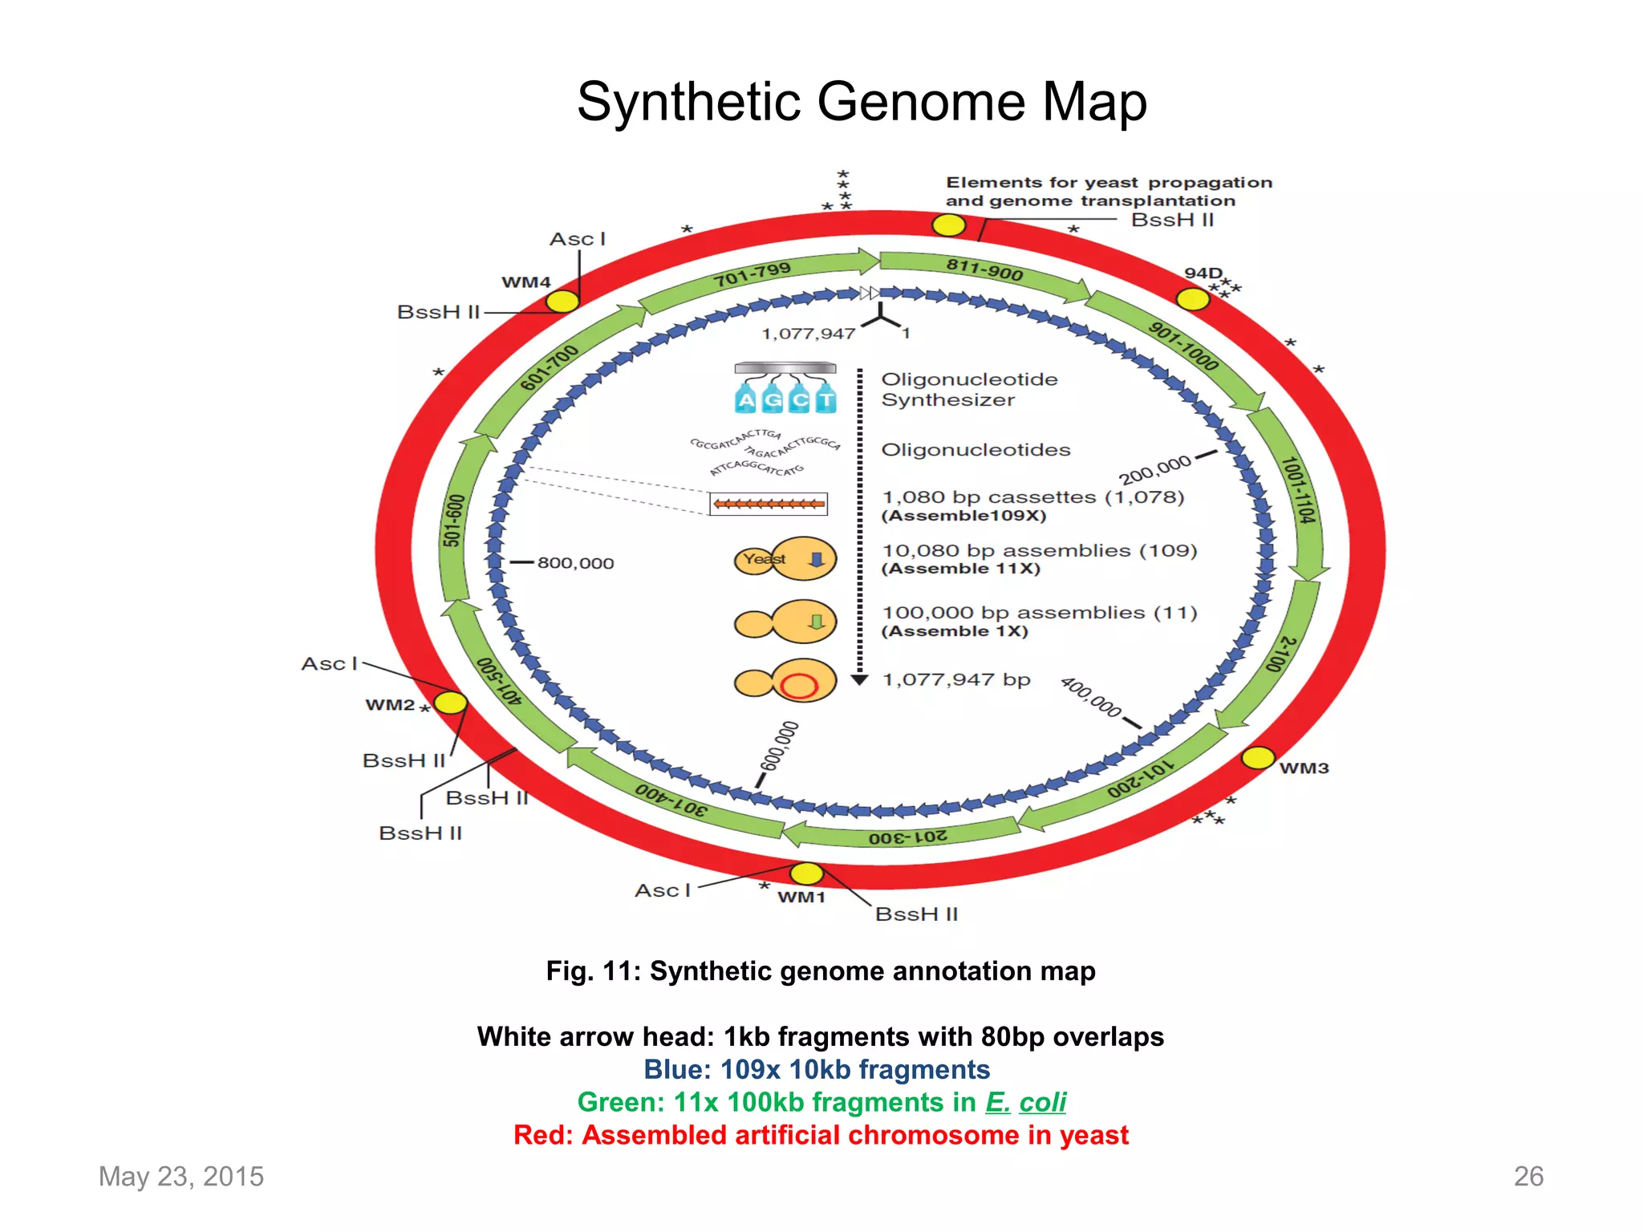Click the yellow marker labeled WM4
pos(562,302)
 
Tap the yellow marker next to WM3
pos(1257,757)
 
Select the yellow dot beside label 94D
pos(1192,299)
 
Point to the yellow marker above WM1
pos(806,873)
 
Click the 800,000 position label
pos(575,563)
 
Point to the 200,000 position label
pos(1154,470)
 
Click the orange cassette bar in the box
pos(769,504)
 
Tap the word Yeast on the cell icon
pos(764,558)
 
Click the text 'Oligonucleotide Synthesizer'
pos(968,389)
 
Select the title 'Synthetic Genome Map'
pos(862,102)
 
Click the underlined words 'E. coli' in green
pos(1026,1102)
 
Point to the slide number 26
pos(1527,1176)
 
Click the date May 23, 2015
pos(181,1176)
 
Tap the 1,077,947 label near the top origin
pos(808,334)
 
